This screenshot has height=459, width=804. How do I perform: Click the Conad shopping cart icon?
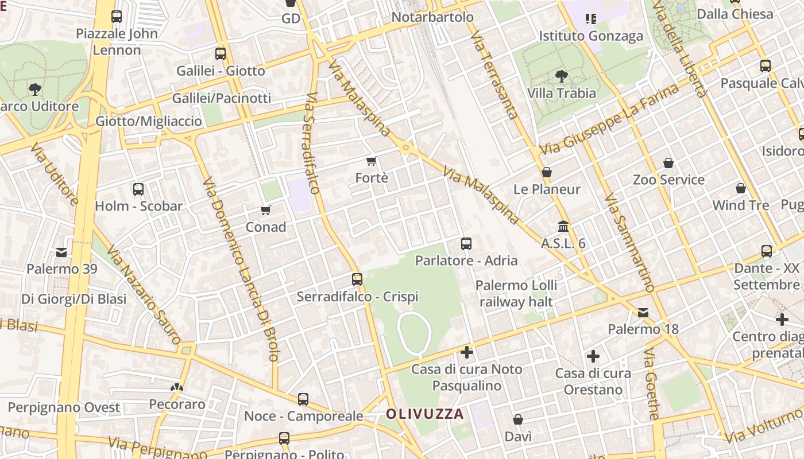click(x=265, y=211)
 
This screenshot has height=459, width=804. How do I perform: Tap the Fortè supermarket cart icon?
click(x=372, y=161)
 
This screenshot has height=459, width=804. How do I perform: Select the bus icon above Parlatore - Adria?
click(x=466, y=244)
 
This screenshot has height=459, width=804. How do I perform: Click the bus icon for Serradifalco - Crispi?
click(x=357, y=279)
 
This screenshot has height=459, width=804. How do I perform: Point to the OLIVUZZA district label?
click(x=424, y=414)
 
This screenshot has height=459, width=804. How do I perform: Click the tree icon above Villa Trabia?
click(x=561, y=76)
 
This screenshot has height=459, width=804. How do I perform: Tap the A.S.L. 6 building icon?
click(x=563, y=227)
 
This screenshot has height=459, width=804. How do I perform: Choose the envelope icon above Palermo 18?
click(x=643, y=313)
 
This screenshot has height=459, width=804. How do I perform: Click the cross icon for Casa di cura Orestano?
click(x=593, y=357)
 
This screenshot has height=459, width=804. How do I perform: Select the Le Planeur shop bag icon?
click(x=547, y=172)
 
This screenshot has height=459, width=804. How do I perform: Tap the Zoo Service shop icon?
click(x=668, y=164)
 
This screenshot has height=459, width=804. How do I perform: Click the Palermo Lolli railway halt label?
click(x=516, y=293)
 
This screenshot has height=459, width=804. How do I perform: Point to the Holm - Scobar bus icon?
click(x=138, y=189)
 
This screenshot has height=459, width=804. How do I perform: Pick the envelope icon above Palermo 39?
click(x=61, y=252)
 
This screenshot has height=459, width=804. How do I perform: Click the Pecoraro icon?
click(x=177, y=388)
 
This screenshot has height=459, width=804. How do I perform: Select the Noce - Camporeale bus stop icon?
click(x=303, y=399)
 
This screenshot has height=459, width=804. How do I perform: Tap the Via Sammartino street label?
click(x=629, y=243)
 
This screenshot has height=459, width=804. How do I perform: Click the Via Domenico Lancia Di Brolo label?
click(x=240, y=270)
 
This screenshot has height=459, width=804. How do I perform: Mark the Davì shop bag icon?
click(x=518, y=420)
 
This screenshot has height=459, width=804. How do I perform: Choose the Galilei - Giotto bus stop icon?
click(x=221, y=55)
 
